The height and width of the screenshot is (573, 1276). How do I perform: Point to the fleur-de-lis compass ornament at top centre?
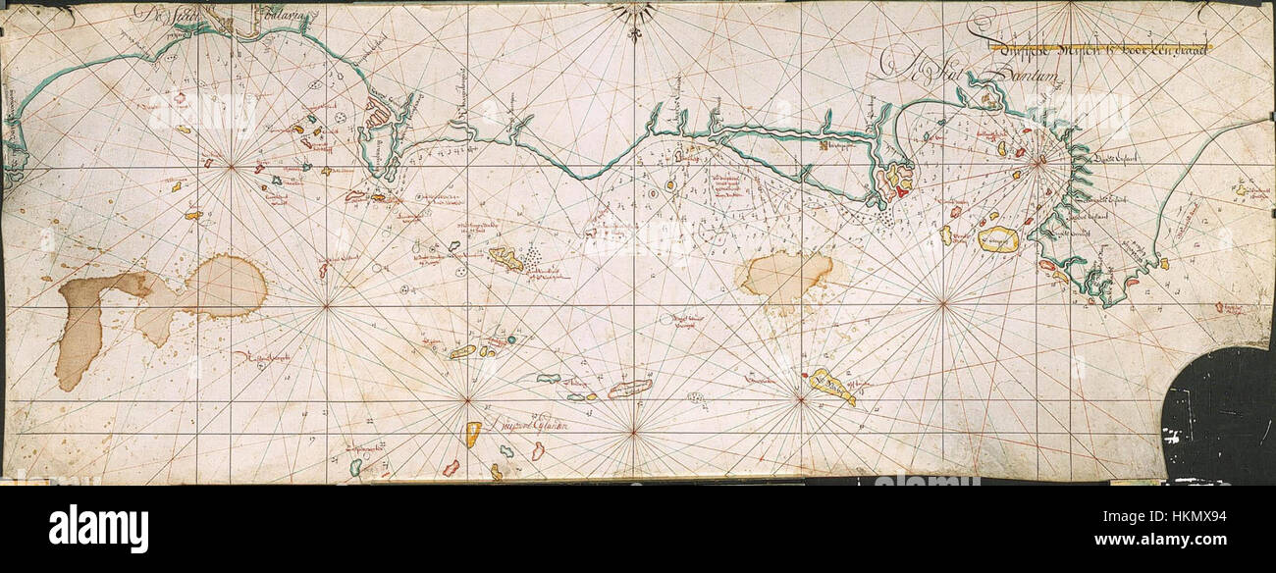coord(634,18)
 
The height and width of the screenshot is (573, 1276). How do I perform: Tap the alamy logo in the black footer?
coord(98,528)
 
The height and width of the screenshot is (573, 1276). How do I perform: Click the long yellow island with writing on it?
coord(830,386)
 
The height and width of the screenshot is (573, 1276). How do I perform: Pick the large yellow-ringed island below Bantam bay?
coord(998,239)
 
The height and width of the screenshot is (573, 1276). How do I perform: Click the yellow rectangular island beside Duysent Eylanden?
coord(472,434)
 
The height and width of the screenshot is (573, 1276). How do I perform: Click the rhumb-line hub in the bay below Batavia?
coord(232,167)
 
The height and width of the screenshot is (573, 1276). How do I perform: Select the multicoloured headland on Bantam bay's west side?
coord(896,181)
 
